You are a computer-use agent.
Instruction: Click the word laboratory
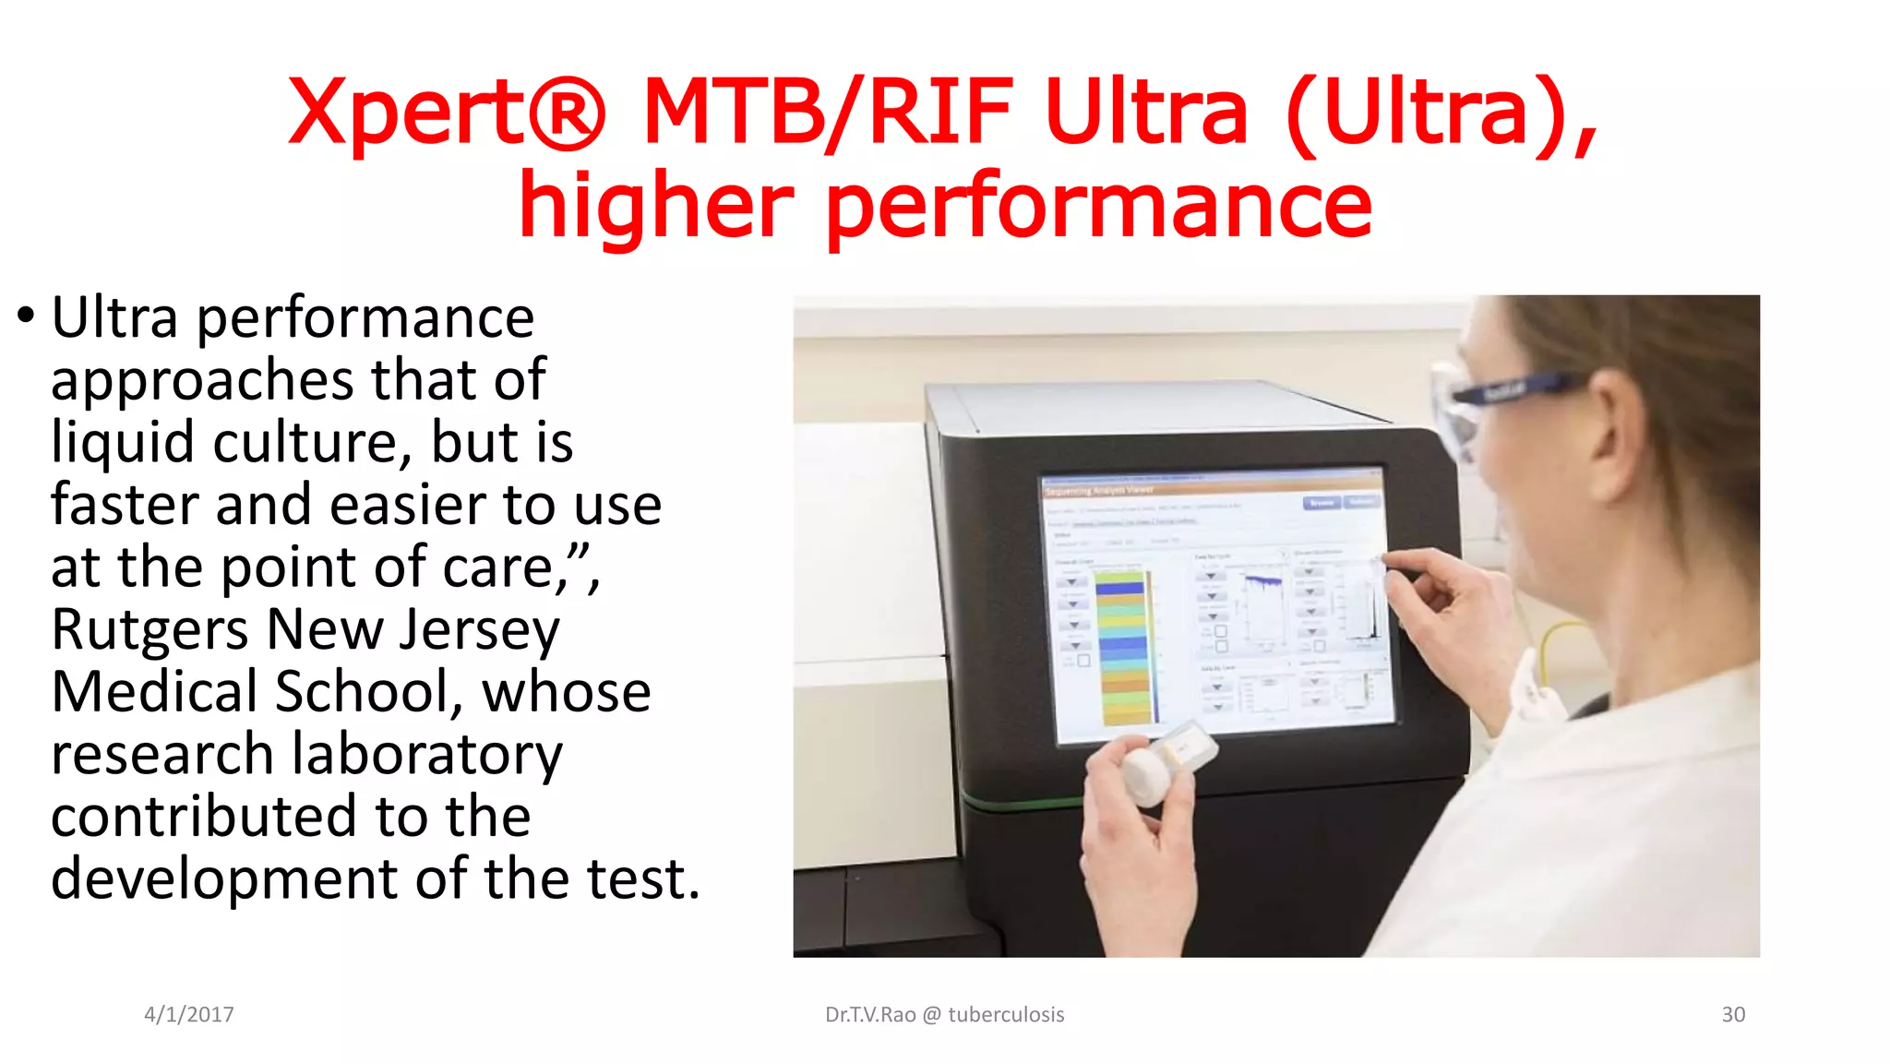426,755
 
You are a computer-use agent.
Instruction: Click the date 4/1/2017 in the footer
189,1015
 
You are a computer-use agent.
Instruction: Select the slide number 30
1733,1015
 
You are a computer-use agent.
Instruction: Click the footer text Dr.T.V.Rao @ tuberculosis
944,1015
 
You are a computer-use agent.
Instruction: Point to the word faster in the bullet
125,505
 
